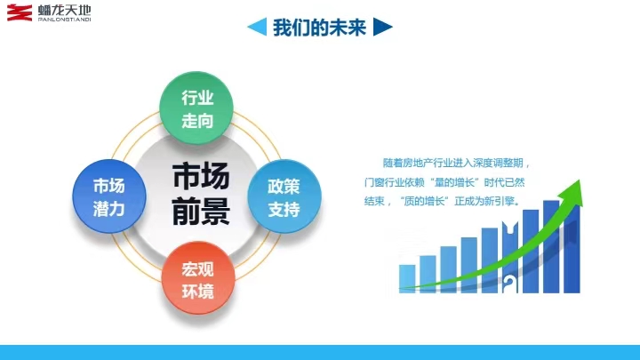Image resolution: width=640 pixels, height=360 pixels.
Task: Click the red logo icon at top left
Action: [x=20, y=12]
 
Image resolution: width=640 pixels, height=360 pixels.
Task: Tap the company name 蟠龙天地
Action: [x=65, y=10]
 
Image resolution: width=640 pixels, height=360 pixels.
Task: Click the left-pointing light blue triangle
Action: [x=257, y=27]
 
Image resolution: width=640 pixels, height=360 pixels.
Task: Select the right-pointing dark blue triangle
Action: [x=383, y=27]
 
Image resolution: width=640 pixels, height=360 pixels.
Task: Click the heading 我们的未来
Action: [x=320, y=28]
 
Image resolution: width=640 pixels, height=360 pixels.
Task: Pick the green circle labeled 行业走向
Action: [x=196, y=108]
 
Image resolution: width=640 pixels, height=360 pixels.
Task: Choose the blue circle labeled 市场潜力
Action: [x=109, y=196]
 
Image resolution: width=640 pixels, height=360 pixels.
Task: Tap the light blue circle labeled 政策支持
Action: [x=284, y=196]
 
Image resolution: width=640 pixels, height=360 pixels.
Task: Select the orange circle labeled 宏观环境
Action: [x=198, y=278]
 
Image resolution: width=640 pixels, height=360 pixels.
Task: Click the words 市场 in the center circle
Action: [x=200, y=176]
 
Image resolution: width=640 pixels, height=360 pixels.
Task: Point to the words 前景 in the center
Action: [x=200, y=211]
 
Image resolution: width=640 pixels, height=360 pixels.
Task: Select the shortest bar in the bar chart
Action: [x=407, y=279]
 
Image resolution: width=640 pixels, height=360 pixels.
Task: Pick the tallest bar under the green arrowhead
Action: [x=551, y=246]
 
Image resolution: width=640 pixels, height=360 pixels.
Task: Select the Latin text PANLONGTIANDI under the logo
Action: [x=65, y=20]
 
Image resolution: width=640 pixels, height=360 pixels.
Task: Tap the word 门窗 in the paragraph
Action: [x=374, y=182]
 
